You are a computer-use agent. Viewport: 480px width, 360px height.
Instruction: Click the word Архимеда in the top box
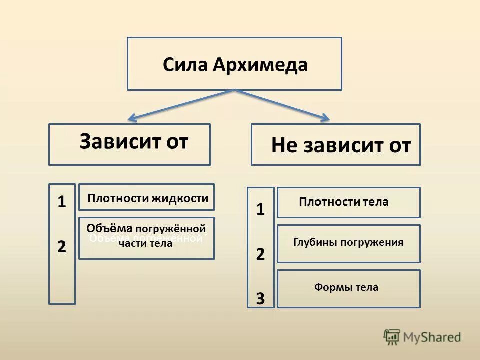click(260, 65)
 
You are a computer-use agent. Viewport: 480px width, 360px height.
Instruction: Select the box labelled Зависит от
click(129, 144)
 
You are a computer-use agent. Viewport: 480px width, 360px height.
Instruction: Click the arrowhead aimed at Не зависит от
click(324, 118)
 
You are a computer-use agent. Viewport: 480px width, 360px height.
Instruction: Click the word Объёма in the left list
click(109, 228)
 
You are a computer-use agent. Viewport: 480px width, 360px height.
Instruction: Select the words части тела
click(145, 243)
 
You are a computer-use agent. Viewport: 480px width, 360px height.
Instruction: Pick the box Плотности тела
click(348, 202)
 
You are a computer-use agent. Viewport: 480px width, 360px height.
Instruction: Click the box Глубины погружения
click(348, 243)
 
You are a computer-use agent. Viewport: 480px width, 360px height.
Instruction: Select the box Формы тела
click(348, 288)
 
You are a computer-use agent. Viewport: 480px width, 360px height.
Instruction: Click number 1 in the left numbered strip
click(62, 202)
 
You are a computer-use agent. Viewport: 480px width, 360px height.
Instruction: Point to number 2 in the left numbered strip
click(62, 246)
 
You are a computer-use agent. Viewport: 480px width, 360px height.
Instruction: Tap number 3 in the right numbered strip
click(260, 299)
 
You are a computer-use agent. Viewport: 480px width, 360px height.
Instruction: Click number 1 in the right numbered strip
click(260, 209)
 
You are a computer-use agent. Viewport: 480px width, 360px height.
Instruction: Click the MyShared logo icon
click(392, 337)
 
